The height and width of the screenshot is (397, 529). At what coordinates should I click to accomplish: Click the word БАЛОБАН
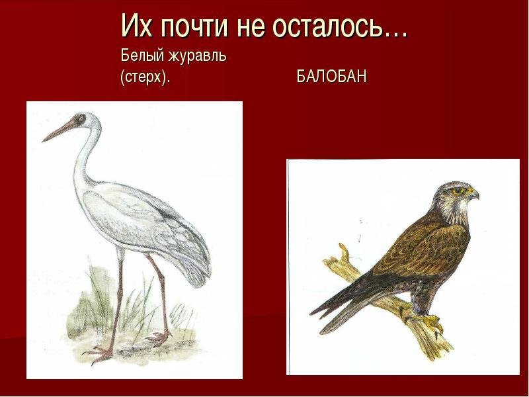332,77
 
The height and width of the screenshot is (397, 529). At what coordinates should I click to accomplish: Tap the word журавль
198,56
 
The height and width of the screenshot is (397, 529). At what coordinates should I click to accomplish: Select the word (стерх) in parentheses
145,77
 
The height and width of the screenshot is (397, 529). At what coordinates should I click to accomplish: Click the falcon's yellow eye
458,191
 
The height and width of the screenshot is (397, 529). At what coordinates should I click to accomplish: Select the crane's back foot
158,337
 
